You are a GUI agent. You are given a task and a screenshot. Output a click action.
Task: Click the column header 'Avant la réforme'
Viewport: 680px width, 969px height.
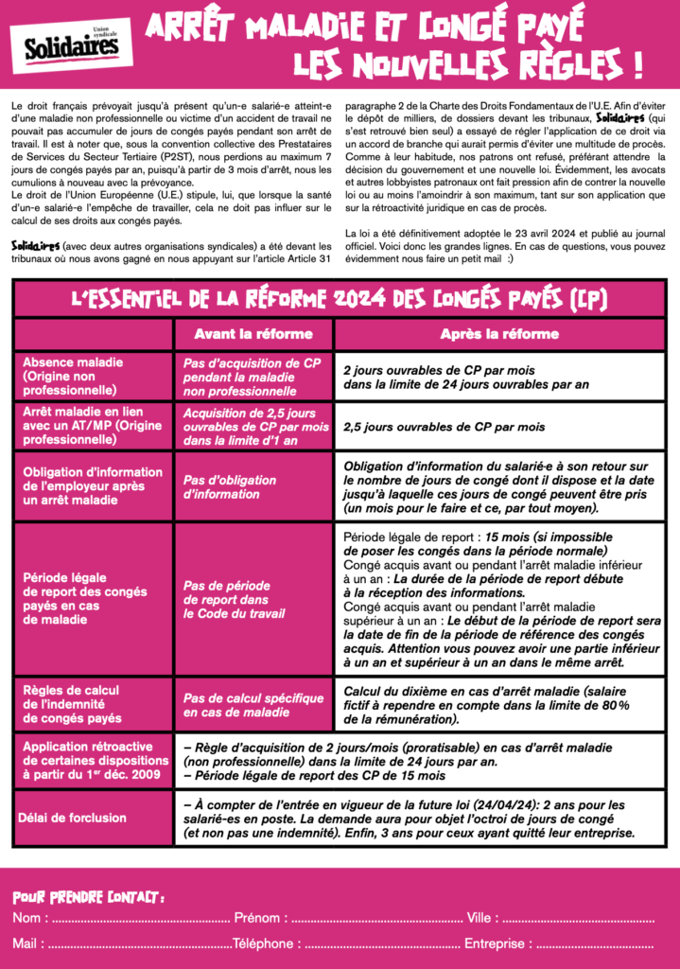[253, 334]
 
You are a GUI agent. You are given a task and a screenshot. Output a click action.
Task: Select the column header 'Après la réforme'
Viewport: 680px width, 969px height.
[499, 334]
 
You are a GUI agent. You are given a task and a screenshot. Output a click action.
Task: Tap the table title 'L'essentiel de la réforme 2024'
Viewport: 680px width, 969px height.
[340, 300]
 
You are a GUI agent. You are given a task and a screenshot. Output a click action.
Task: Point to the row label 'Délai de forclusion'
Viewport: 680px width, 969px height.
[75, 818]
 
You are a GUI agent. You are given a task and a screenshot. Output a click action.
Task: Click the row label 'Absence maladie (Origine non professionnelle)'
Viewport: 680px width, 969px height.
[93, 376]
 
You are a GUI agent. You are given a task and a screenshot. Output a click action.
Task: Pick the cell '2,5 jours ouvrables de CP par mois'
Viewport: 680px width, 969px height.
[444, 427]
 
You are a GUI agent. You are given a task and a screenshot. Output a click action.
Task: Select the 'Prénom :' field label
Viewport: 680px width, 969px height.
[256, 918]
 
